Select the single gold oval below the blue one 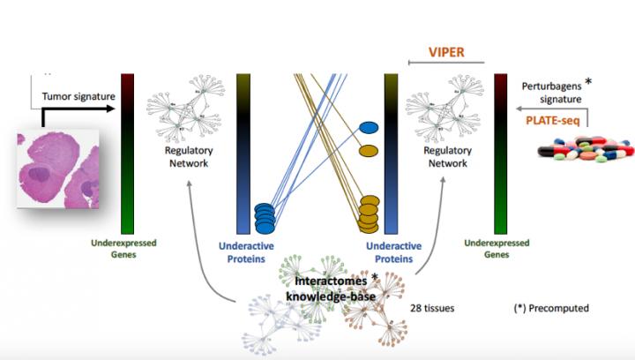370,151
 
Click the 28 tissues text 431,308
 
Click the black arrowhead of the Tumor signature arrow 109,109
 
